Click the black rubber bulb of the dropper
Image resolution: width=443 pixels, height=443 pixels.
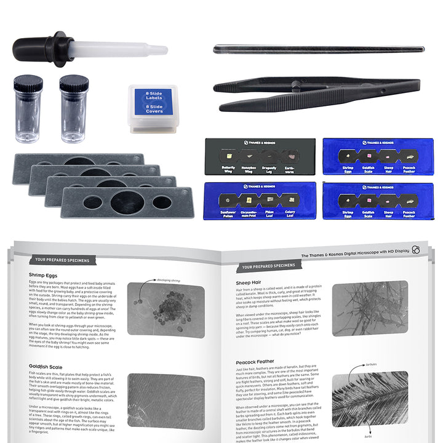coord(34,48)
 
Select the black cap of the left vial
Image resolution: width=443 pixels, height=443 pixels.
coord(28,84)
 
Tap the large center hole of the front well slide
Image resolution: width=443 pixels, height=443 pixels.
coord(127,202)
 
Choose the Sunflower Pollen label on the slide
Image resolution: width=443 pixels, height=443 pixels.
coord(228,213)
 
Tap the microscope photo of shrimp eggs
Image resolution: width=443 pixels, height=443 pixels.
coord(166,309)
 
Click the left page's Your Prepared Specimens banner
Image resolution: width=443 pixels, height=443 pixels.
coord(62,260)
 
